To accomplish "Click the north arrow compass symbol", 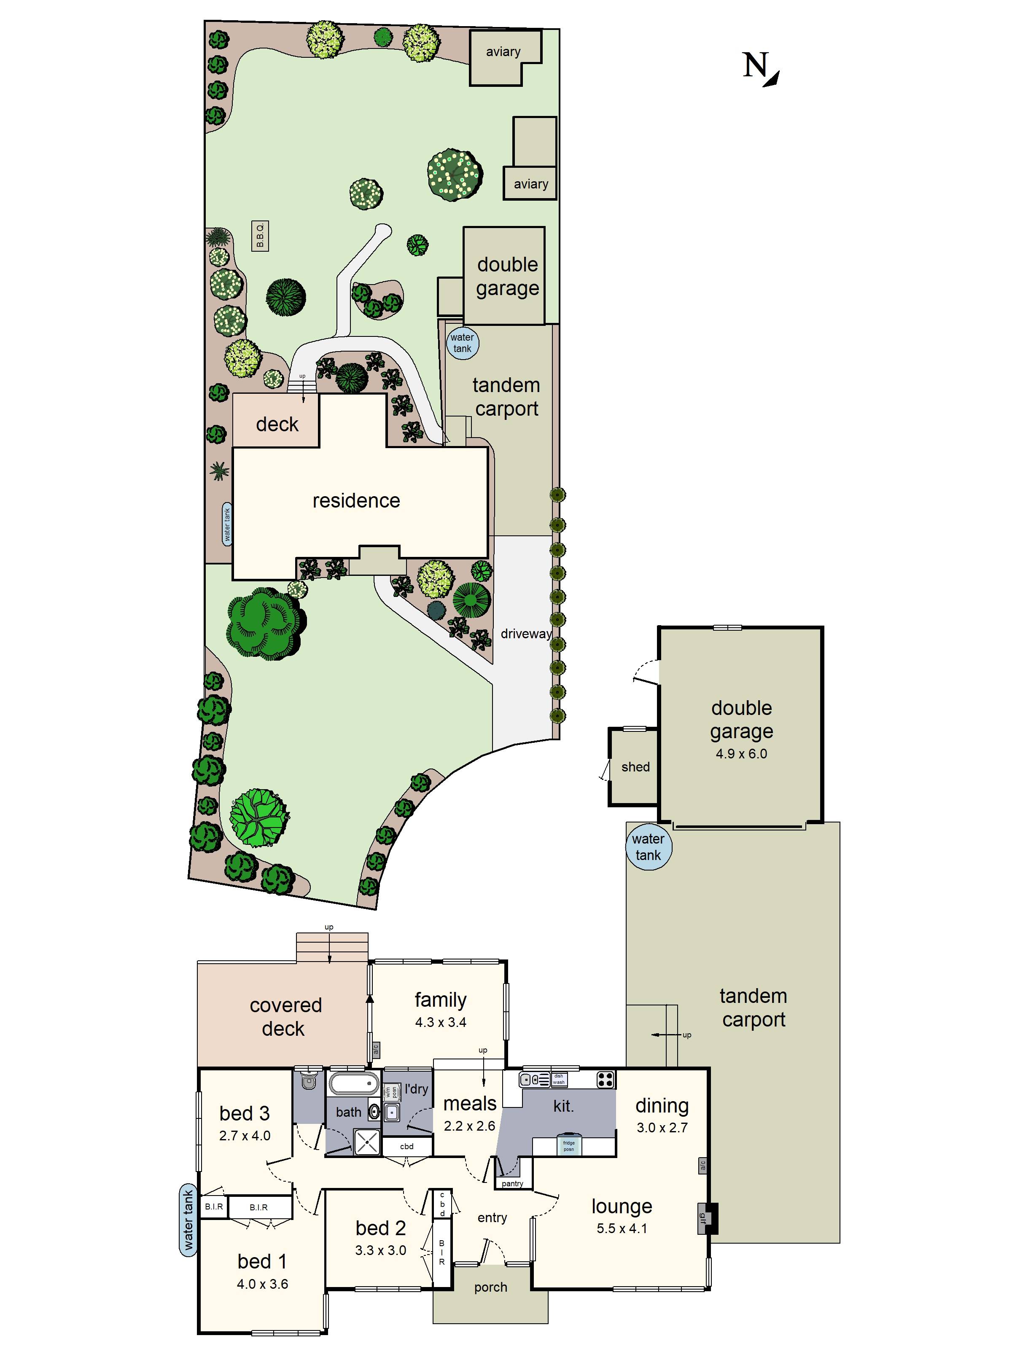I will (761, 68).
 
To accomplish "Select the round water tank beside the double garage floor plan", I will (648, 846).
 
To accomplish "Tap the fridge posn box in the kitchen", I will (568, 1145).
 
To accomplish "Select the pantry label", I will (512, 1184).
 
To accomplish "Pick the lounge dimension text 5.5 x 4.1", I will (622, 1229).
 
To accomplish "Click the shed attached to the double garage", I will (635, 766).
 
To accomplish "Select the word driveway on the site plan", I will (526, 634).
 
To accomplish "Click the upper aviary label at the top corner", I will (503, 52).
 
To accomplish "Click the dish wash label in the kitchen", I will (559, 1080).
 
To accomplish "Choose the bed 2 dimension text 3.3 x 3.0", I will (381, 1250).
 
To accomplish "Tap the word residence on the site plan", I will (356, 501).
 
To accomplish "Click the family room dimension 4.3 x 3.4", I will (440, 1022).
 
